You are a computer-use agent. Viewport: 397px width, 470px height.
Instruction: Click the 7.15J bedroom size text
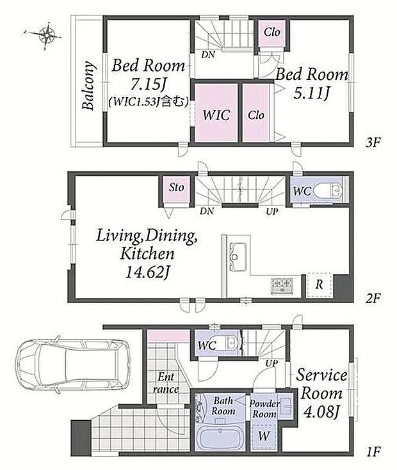(x=148, y=85)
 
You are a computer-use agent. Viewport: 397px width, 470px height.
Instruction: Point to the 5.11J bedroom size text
(x=311, y=93)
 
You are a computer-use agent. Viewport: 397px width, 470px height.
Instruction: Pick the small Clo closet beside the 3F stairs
(x=272, y=33)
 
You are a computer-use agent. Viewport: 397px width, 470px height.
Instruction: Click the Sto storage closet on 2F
(x=176, y=189)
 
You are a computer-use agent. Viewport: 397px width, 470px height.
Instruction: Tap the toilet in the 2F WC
(x=328, y=191)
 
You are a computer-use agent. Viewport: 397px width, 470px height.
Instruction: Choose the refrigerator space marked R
(x=320, y=285)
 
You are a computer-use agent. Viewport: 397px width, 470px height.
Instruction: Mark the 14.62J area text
(x=148, y=272)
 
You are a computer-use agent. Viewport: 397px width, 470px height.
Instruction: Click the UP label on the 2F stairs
(x=272, y=211)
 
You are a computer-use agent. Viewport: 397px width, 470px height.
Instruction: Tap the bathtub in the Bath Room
(x=220, y=438)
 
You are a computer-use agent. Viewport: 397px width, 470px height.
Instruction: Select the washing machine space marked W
(x=264, y=435)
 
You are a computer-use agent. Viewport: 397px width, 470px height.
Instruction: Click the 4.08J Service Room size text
(x=321, y=412)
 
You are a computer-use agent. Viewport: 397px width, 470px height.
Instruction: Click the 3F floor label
(x=373, y=143)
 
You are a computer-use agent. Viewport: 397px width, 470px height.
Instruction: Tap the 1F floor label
(x=373, y=451)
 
